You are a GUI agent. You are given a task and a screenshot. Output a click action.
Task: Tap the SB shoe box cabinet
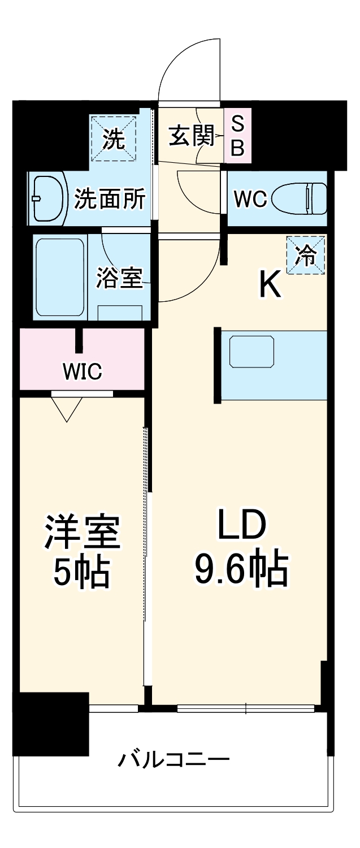click(238, 136)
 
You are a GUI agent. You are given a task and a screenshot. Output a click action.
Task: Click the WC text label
click(250, 200)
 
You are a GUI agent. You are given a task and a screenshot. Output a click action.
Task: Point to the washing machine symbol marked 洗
click(114, 139)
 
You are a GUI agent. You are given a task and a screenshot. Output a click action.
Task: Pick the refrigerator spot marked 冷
click(306, 256)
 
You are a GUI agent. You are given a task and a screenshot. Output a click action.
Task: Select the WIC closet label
click(83, 371)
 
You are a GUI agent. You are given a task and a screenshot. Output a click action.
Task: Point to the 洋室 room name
click(83, 531)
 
